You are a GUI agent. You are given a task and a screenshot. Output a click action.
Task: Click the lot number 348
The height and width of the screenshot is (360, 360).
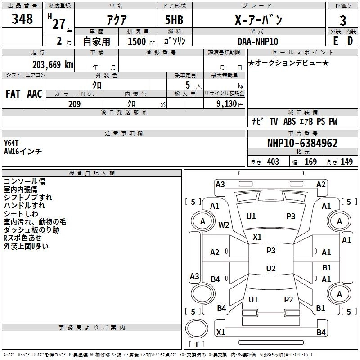point(22,19)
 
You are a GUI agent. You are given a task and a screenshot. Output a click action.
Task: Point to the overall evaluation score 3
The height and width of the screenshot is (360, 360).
point(343,21)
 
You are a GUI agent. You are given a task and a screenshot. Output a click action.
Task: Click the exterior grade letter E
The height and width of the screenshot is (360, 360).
point(335,41)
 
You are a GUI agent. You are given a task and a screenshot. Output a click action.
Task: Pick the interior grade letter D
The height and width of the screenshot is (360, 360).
point(350,41)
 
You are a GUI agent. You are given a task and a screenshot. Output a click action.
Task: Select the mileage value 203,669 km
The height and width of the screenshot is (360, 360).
point(53,64)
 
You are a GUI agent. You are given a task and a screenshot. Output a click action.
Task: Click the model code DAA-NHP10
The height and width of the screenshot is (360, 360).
point(258,41)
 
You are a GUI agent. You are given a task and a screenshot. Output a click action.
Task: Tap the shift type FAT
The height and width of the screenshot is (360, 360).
point(13,94)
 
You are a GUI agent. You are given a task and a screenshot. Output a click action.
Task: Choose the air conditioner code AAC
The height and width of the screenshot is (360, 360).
point(35,94)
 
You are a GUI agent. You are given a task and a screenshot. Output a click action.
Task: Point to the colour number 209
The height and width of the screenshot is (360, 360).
point(74,104)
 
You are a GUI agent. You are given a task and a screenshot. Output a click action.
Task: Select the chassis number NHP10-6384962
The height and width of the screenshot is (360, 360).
point(302,143)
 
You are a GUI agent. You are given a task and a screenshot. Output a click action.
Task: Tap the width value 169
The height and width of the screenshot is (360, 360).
point(310,162)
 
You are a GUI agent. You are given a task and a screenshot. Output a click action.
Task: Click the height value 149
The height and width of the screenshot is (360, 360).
point(346,162)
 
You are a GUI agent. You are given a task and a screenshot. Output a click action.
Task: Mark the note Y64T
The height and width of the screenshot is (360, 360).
point(12,143)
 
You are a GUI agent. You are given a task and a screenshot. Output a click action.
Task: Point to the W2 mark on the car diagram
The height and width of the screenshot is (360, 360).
point(224,225)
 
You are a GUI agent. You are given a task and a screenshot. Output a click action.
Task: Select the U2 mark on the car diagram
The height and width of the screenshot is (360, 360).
point(270,269)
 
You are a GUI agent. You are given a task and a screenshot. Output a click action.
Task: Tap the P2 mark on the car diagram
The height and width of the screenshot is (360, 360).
point(288,299)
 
